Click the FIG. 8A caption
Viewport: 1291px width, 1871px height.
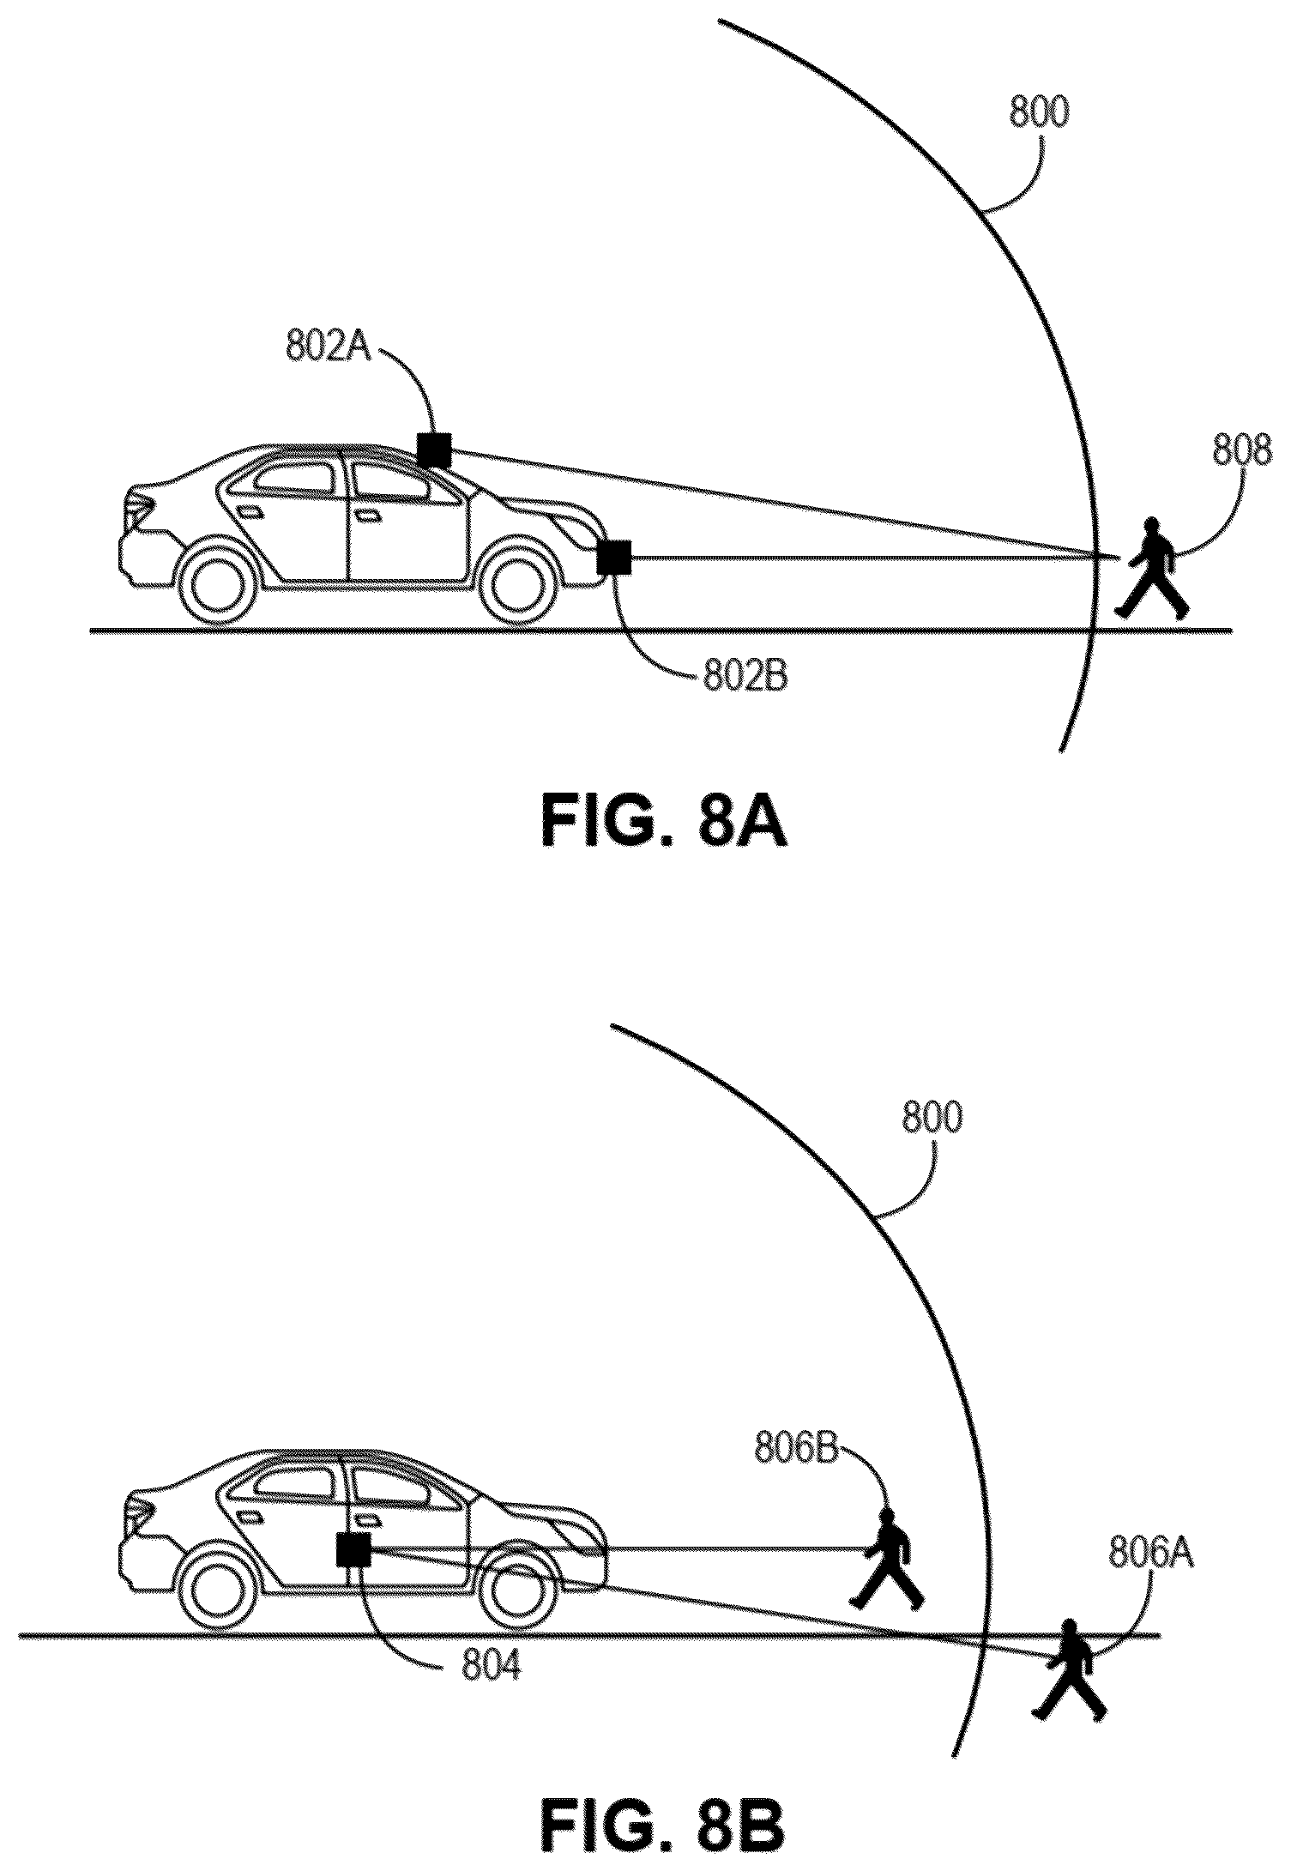664,822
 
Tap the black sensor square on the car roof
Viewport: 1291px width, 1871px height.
434,450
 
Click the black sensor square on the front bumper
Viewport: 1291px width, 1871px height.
614,558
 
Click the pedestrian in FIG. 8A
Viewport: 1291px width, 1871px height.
1152,567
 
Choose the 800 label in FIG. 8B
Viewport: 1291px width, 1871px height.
932,1119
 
